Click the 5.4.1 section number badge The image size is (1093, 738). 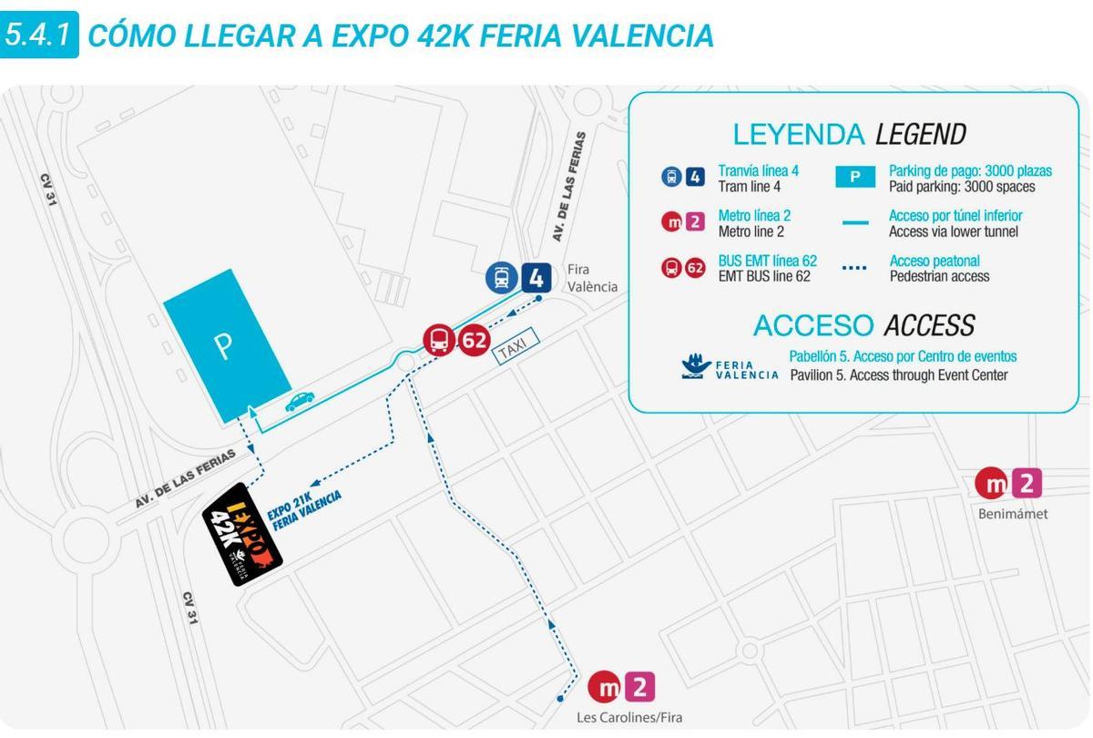[38, 36]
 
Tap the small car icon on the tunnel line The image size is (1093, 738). [300, 402]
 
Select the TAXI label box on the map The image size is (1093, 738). [516, 347]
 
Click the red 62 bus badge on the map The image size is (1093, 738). [456, 342]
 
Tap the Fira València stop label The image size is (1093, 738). [591, 278]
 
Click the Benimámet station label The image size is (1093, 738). [1012, 514]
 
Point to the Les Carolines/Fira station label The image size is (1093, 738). [628, 717]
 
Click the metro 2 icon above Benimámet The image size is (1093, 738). [1008, 483]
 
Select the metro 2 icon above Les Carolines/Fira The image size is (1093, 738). [621, 686]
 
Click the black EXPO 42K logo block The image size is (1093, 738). [241, 534]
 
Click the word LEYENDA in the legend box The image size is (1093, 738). [798, 135]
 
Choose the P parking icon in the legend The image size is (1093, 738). [854, 178]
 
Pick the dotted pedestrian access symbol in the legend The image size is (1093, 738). [854, 268]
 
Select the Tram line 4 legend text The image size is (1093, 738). [758, 179]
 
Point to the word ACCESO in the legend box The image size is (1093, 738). [813, 325]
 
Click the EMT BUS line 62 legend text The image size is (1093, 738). [767, 268]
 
